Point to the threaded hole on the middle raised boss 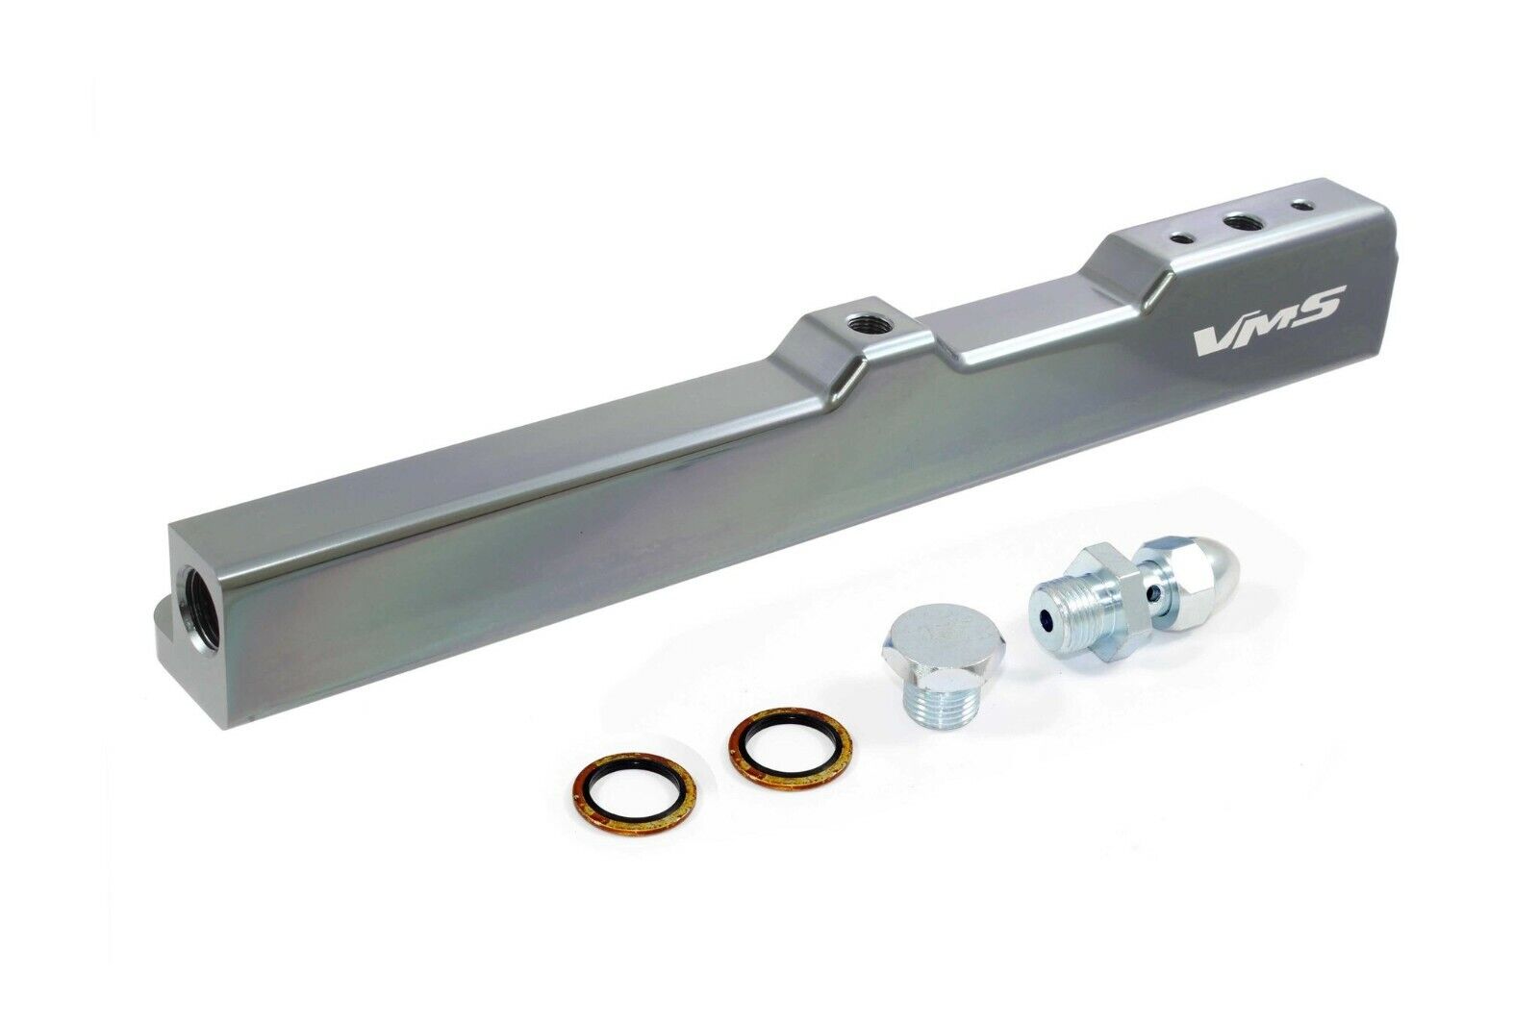pyautogui.click(x=858, y=321)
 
